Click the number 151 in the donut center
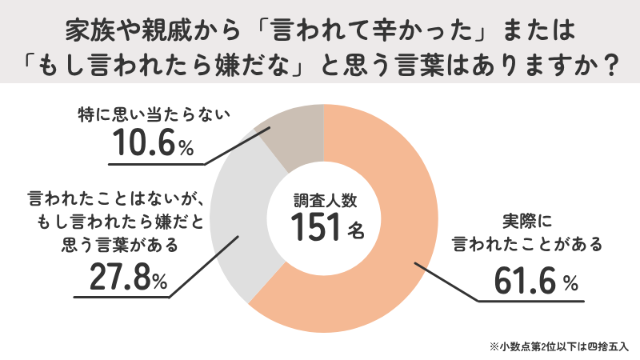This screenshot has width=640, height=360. click(x=315, y=229)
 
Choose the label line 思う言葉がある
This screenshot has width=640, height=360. click(x=108, y=245)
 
